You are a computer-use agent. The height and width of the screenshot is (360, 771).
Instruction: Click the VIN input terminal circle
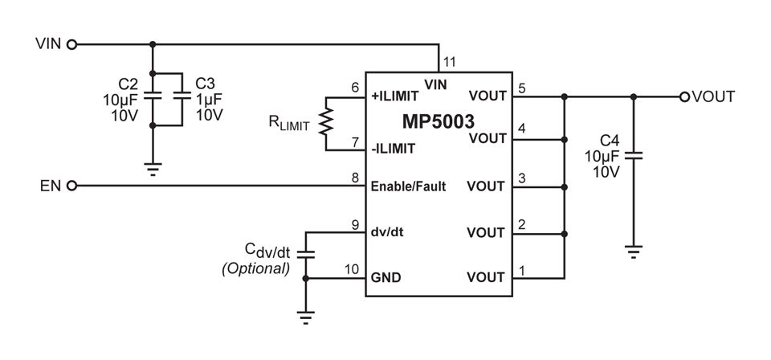[x=71, y=45]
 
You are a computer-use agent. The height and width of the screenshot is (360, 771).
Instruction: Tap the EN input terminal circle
[x=71, y=186]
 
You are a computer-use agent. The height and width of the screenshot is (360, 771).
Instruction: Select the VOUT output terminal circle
[x=684, y=97]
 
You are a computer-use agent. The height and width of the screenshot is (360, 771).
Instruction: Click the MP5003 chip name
[x=439, y=121]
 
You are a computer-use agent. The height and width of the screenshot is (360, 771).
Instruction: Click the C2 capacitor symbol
[x=153, y=96]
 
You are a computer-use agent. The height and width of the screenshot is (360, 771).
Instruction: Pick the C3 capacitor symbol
[x=182, y=96]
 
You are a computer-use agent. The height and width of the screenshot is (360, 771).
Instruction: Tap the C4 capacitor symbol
[x=634, y=155]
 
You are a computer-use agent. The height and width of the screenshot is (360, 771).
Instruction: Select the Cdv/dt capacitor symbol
[x=306, y=254]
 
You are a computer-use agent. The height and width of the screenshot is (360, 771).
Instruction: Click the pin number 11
[x=450, y=62]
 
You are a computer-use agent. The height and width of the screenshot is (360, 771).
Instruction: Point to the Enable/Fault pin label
[x=408, y=187]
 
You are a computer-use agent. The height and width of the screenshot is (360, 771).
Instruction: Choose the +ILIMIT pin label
[x=395, y=96]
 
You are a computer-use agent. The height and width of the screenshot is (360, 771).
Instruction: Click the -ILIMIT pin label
[x=393, y=148]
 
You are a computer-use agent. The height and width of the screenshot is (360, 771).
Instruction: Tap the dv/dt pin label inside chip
[x=387, y=232]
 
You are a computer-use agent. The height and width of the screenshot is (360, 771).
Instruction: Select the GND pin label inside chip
[x=385, y=278]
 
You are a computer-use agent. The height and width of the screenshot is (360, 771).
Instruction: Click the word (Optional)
[x=255, y=269]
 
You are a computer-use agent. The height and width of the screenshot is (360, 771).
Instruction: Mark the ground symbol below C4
[x=634, y=252]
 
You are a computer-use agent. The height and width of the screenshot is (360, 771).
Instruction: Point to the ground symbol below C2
[x=153, y=170]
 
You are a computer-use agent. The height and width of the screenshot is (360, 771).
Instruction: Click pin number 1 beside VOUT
[x=522, y=271]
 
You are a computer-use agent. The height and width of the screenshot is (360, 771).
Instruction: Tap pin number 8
[x=356, y=178]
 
